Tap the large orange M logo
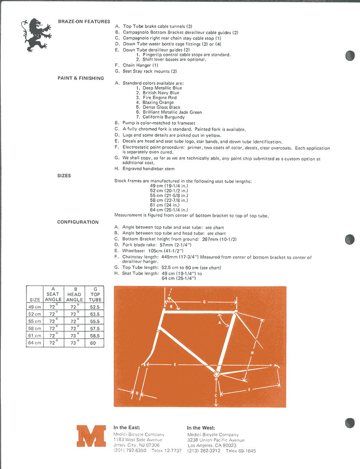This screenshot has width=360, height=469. (91, 436)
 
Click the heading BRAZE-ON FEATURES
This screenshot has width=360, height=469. (84, 21)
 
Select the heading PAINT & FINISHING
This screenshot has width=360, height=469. (80, 78)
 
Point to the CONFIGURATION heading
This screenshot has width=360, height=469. (78, 222)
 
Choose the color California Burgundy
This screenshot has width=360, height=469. (160, 117)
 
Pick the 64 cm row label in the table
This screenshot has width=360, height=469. (35, 343)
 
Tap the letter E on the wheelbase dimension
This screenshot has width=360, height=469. (175, 365)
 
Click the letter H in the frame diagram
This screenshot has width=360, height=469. (252, 353)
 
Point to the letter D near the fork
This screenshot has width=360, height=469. (137, 393)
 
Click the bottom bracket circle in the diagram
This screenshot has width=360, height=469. (216, 374)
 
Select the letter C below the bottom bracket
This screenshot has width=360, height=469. (215, 395)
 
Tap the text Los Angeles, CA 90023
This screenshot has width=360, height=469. (212, 445)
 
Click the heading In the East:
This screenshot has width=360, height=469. (127, 427)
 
